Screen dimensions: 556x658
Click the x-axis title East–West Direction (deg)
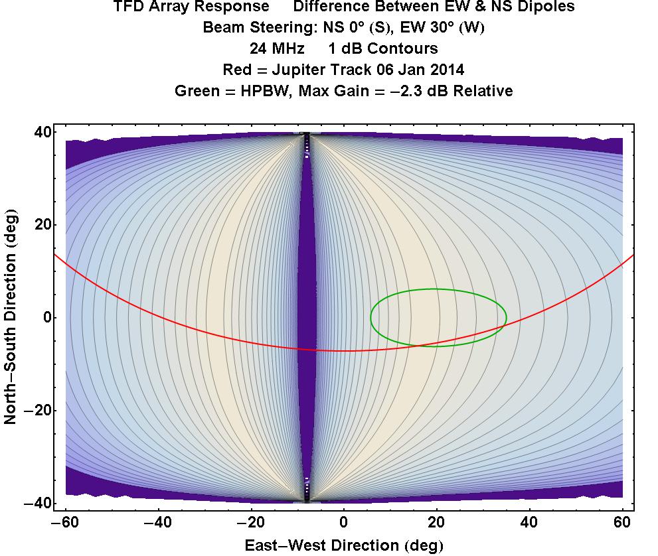344,546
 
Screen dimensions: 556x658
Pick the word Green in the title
196,91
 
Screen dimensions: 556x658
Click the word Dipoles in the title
550,7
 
